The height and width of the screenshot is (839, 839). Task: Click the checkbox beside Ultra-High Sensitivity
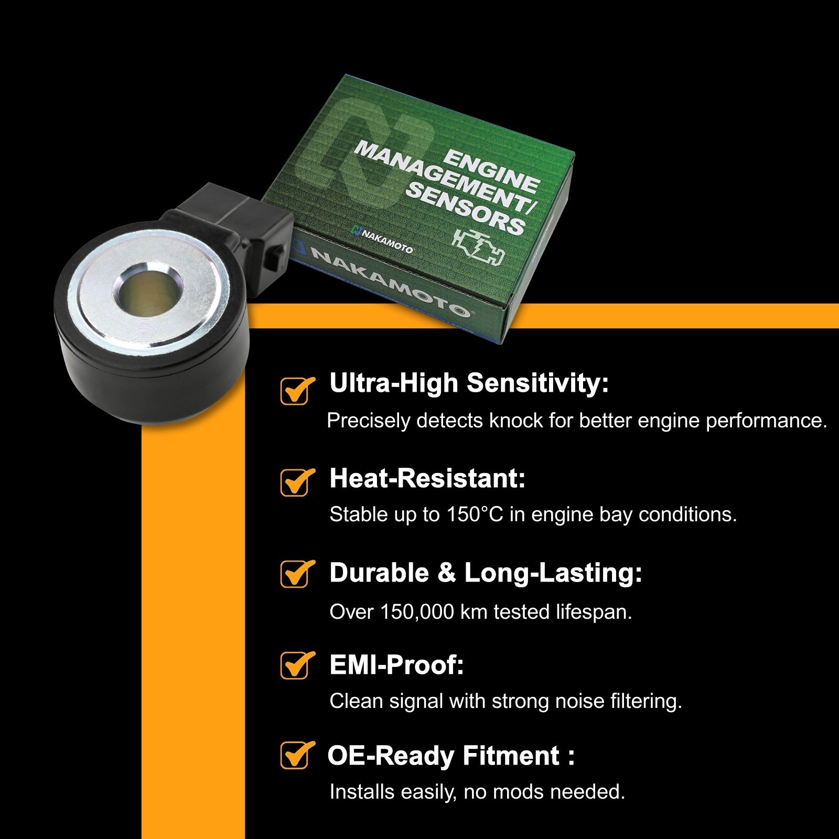pos(295,391)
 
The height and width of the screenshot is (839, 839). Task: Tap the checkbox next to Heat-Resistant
pos(295,482)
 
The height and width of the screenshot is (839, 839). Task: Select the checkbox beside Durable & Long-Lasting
pos(295,574)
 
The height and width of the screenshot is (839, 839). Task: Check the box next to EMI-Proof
pos(295,665)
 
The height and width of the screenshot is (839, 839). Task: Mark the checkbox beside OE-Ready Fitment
pos(295,755)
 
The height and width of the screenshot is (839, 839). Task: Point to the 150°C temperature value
pos(475,514)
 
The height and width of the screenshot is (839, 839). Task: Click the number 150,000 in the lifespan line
pos(417,612)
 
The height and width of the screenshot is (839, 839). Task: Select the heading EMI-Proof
pos(396,665)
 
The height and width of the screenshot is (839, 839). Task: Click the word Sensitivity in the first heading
pos(537,383)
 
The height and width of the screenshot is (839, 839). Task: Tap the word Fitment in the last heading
pos(511,756)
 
